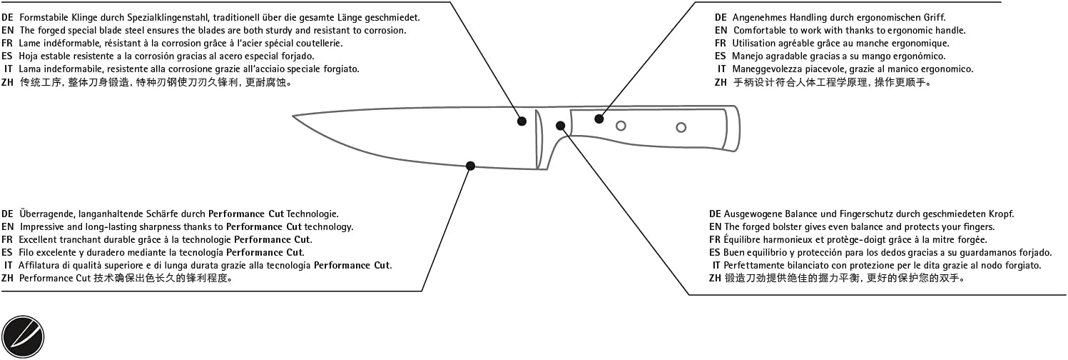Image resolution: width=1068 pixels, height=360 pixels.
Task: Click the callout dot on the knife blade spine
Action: (522, 121)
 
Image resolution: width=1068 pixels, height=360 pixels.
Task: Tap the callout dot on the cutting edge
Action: (470, 166)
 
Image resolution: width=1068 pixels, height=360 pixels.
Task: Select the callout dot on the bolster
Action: (561, 126)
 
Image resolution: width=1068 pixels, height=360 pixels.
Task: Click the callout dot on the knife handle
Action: (599, 119)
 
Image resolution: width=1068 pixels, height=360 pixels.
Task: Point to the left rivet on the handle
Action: (621, 126)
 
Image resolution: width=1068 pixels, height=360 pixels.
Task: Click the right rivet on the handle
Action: (681, 128)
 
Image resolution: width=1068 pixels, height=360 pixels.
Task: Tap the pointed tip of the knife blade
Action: (295, 116)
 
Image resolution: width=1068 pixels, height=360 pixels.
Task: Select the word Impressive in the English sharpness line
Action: (42, 226)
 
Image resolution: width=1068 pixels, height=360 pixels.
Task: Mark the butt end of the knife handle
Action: (736, 128)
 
